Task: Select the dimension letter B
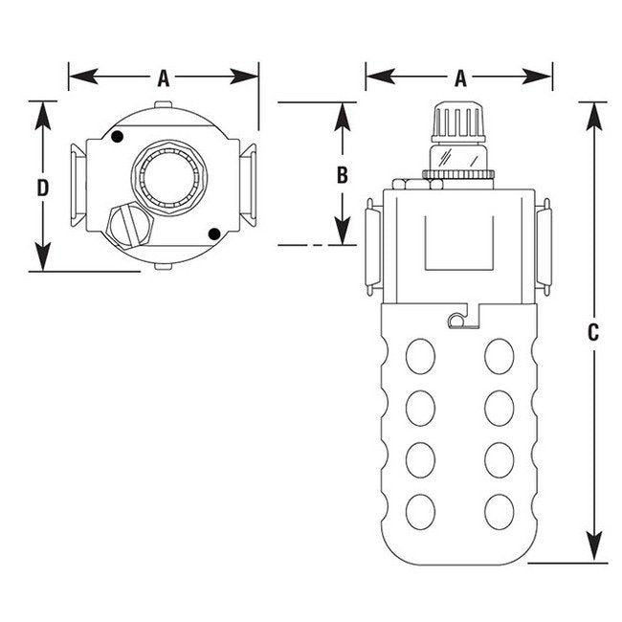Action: pyautogui.click(x=343, y=174)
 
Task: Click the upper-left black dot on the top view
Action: pyautogui.click(x=117, y=138)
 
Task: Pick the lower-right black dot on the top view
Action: pyautogui.click(x=214, y=234)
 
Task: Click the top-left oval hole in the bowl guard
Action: pyautogui.click(x=418, y=358)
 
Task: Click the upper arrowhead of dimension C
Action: pyautogui.click(x=594, y=111)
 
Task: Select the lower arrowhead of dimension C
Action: pyautogui.click(x=594, y=553)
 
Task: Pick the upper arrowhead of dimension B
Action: pyautogui.click(x=343, y=114)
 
